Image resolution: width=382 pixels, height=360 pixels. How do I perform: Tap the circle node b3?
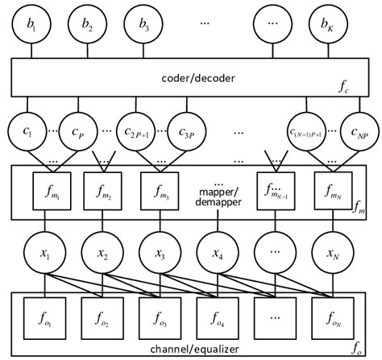[x=144, y=24]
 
